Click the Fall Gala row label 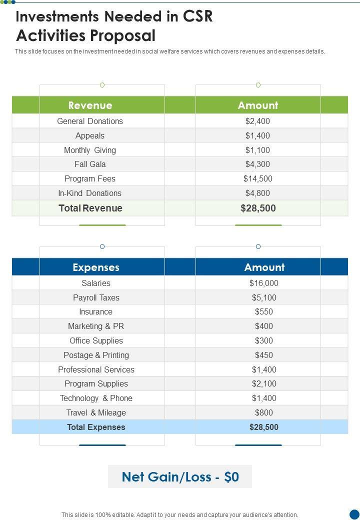click(x=90, y=164)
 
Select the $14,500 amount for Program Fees click(x=257, y=178)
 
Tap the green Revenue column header click(x=90, y=105)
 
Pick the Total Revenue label click(x=90, y=208)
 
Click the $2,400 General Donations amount click(x=257, y=121)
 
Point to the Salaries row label click(x=96, y=283)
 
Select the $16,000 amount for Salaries click(x=263, y=283)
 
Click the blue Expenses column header click(x=96, y=267)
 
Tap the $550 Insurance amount click(x=263, y=311)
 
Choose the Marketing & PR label click(x=96, y=326)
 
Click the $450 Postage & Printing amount click(x=263, y=355)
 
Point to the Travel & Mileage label click(x=96, y=412)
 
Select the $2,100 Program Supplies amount click(x=263, y=383)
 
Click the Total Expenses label click(x=96, y=427)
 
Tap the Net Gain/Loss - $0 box click(x=180, y=477)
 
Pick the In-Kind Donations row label click(x=90, y=193)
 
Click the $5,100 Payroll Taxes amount click(x=263, y=297)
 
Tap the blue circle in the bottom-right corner click(x=354, y=514)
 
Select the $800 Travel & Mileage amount click(x=263, y=412)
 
